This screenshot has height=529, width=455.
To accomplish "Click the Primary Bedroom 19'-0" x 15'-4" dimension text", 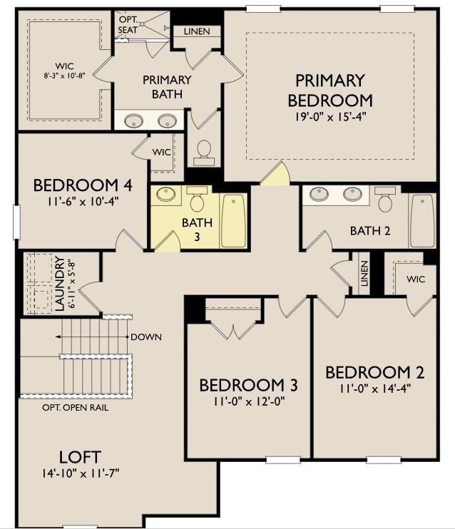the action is tap(330, 117).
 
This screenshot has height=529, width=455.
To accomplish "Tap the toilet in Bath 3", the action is tap(196, 199).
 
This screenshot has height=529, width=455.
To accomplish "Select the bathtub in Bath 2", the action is tap(422, 220).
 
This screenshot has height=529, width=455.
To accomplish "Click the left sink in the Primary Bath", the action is tap(133, 120).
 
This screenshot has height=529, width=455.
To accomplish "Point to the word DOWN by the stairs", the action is tap(145, 337).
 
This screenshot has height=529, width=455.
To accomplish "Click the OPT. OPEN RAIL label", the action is tap(76, 408).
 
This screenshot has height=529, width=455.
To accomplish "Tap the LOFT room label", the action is tap(80, 457).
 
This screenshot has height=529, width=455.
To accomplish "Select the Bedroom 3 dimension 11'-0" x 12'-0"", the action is tap(249, 402).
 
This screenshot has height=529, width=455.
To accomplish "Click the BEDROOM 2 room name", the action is tap(374, 372).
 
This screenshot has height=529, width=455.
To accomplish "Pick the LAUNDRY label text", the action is tap(60, 284).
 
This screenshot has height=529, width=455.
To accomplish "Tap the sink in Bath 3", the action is tap(165, 194).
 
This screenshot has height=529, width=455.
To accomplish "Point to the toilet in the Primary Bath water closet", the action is tap(204, 153).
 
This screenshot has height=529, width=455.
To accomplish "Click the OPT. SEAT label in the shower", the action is tap(128, 25).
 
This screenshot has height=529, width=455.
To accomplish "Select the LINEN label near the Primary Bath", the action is tap(197, 31).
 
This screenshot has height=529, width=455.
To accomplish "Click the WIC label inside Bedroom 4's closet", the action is tap(161, 152).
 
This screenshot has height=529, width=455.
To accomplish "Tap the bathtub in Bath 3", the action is tap(233, 220).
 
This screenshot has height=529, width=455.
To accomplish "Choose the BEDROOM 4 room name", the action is tap(83, 185).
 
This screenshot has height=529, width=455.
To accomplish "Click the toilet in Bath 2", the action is tap(384, 200).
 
